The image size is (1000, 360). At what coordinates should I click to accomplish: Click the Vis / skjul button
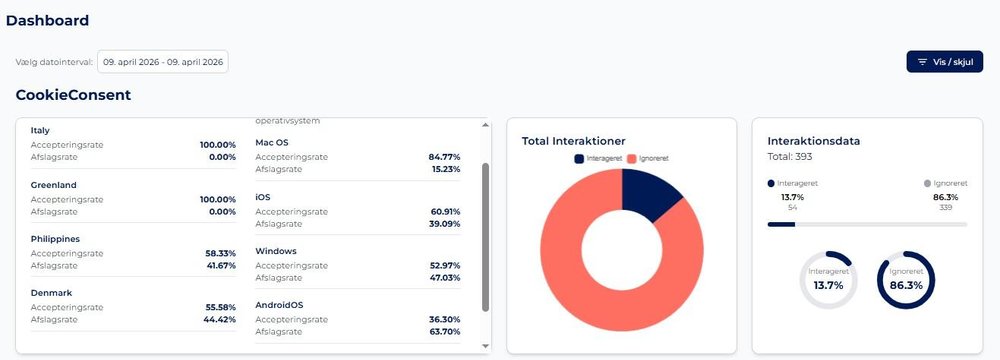[x=944, y=62]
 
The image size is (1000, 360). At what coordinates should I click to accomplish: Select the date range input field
[x=163, y=62]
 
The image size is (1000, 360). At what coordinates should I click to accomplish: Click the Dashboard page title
[x=47, y=20]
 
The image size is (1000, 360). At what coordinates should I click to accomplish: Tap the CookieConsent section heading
[x=73, y=95]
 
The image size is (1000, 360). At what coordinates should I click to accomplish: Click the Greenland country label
[x=54, y=185]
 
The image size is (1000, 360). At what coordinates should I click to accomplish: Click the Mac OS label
[x=272, y=143]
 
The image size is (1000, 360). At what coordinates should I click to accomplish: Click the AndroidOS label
[x=279, y=305]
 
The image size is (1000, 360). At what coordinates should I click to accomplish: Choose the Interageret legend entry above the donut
[x=599, y=159]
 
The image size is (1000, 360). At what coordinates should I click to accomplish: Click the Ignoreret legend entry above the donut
[x=647, y=159]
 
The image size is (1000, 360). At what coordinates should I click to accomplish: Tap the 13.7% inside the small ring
[x=829, y=285]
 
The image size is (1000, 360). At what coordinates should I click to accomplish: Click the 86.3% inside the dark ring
[x=906, y=285]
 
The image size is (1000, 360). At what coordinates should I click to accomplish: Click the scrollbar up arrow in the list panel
[x=487, y=125]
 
